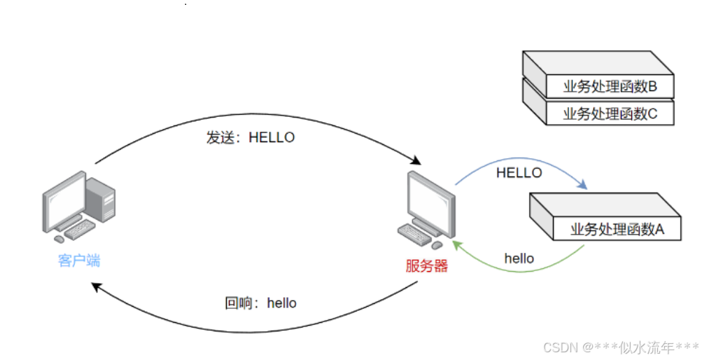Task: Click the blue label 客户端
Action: click(x=79, y=261)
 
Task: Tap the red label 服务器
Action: click(x=426, y=265)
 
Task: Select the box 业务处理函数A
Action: click(x=617, y=228)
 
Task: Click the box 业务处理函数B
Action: click(x=610, y=87)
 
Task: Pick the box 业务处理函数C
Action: click(x=610, y=113)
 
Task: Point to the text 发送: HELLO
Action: click(x=251, y=137)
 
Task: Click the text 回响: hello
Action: click(x=260, y=303)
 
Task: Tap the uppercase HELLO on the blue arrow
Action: click(x=519, y=172)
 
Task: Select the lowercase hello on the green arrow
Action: click(x=519, y=258)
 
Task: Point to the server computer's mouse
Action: click(x=437, y=245)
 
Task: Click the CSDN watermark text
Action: click(x=620, y=346)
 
